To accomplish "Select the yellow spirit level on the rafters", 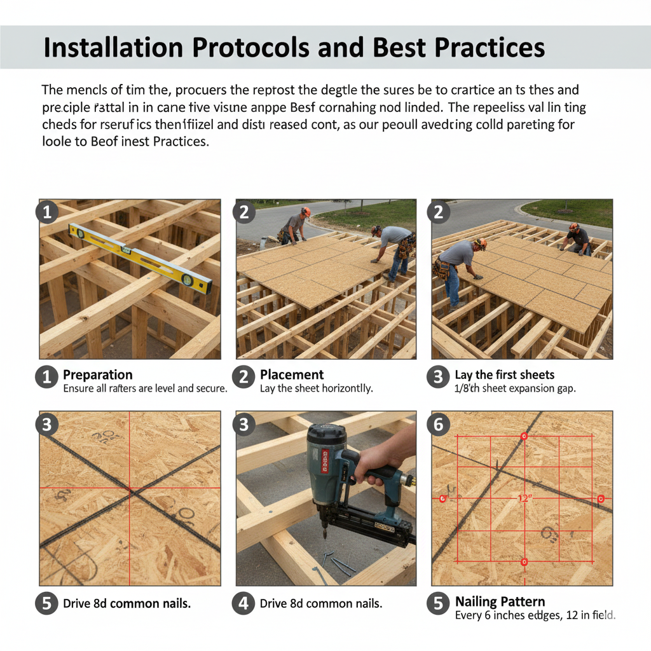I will coord(140,258).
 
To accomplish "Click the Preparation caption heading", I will coord(98,374).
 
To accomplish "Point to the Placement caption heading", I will coord(292,374).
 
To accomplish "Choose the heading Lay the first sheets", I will coord(504,374).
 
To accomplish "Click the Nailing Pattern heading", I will coord(500,601).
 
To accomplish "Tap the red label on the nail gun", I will coord(325,461).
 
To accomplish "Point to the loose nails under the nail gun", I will coord(337,562).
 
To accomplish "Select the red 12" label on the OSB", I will coord(524,498).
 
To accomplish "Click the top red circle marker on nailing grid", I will coord(524,436).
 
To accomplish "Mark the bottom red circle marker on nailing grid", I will coord(524,561).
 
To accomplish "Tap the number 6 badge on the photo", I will coord(438,425).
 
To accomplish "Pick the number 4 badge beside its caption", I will coord(243,603).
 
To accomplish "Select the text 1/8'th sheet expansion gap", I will coord(515,388).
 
